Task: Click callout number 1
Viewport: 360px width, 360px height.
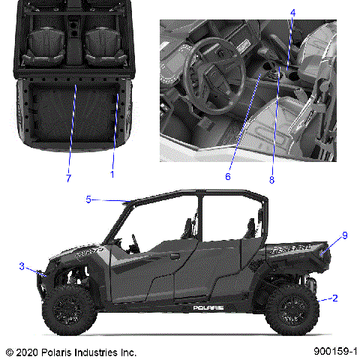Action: (112, 174)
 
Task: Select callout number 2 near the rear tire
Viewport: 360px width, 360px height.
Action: (335, 298)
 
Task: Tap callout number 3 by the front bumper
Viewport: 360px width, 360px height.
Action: (22, 266)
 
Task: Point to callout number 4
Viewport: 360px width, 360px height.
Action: (293, 13)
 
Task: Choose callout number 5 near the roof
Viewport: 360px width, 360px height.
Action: (88, 199)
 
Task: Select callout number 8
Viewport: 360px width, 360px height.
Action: (272, 180)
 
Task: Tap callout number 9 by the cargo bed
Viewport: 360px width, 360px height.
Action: (345, 235)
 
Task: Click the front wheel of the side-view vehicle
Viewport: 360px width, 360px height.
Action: (68, 310)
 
